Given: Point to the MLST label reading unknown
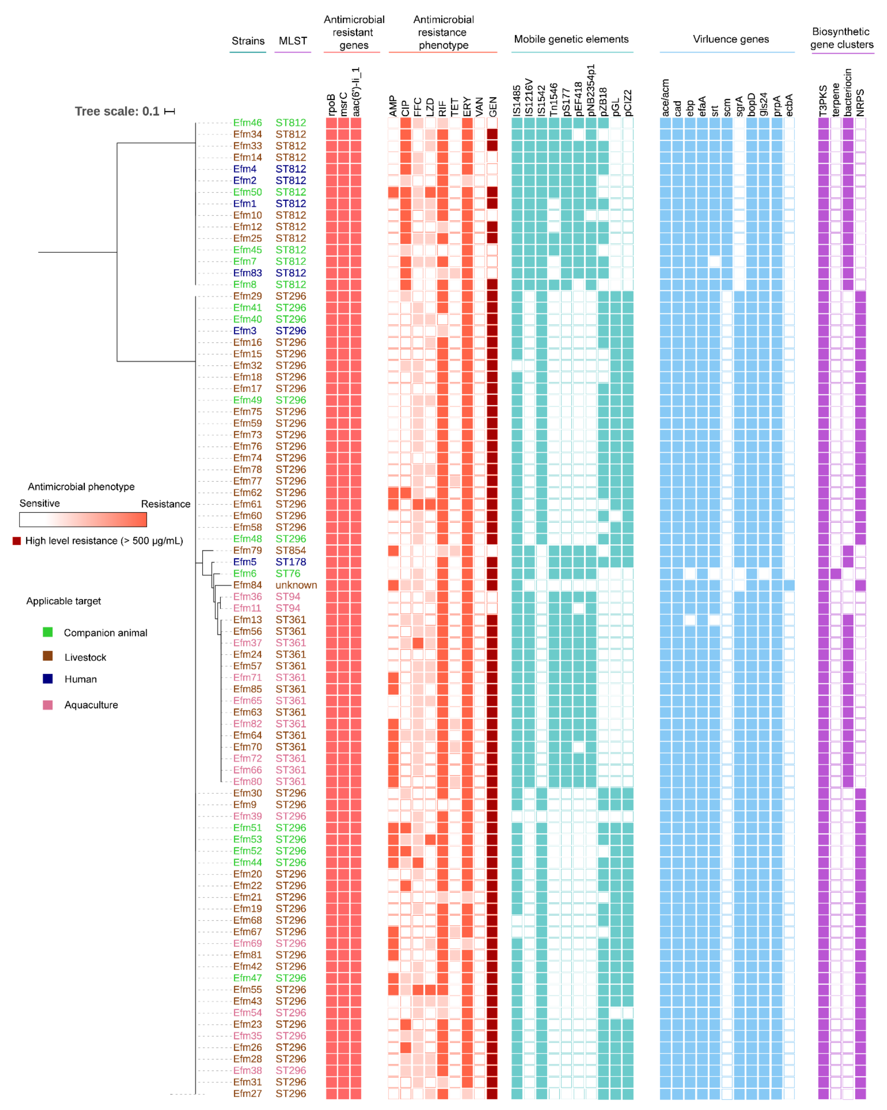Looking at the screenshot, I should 296,585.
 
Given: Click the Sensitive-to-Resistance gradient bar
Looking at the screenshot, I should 83,520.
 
